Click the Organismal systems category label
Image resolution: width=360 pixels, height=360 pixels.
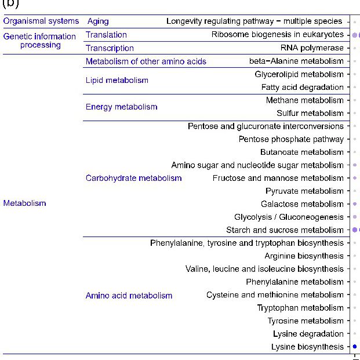coord(41,21)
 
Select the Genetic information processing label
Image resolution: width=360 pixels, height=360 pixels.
coord(40,41)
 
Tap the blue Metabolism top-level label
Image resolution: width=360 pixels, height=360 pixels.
coord(24,203)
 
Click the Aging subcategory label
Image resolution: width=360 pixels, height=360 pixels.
coord(98,21)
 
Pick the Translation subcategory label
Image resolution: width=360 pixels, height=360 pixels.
coord(106,35)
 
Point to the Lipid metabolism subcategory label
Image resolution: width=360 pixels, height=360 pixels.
coord(117,81)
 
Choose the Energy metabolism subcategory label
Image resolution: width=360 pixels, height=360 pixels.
coord(122,107)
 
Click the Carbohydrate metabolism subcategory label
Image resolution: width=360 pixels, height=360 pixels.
coord(134,178)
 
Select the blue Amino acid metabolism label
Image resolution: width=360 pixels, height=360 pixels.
coord(129,296)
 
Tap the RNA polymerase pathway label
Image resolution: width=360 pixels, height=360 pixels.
coord(312,48)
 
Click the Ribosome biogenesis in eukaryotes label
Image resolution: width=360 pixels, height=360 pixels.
coord(277,35)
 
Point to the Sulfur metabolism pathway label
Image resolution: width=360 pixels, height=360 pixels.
coord(310,114)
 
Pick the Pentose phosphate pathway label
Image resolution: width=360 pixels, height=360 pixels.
coord(291,140)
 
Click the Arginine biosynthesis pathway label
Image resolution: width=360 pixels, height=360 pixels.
coord(304,256)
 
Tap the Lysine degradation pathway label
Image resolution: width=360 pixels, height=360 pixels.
coord(308,334)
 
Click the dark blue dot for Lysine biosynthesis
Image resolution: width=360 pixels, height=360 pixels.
coord(355,347)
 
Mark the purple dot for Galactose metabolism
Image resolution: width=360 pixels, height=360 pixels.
coord(355,204)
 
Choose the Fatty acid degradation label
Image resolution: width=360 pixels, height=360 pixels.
coord(303,88)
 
